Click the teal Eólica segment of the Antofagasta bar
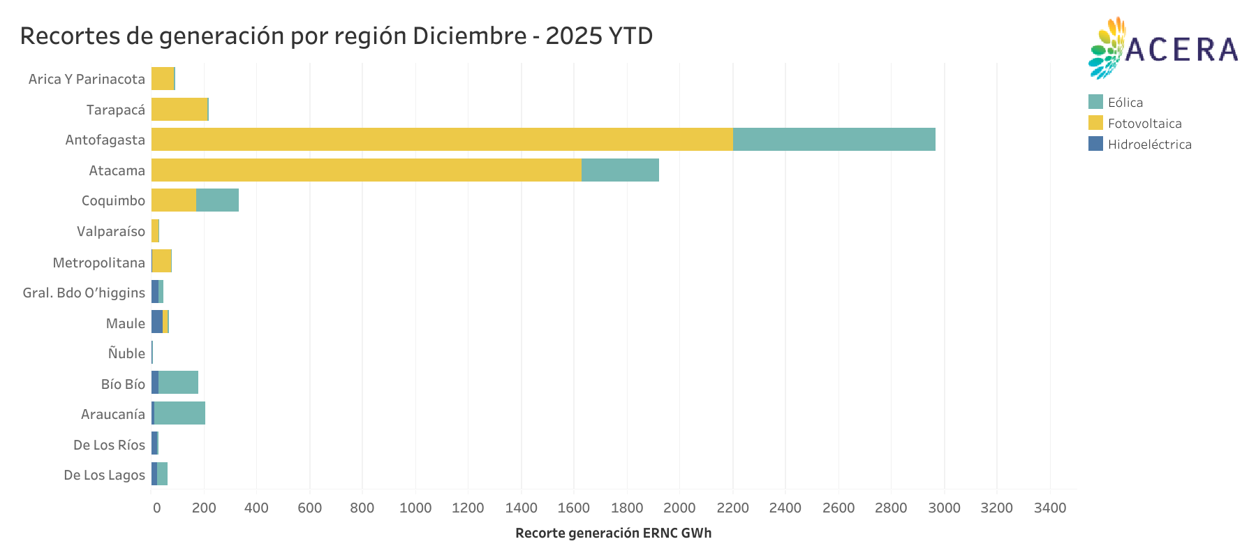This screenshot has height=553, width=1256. coord(834,140)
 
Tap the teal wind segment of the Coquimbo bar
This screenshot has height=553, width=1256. coord(217,200)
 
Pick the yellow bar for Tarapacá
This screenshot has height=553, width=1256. coord(179,110)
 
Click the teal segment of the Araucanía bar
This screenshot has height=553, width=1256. coord(179,414)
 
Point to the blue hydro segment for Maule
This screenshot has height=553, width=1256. coord(157,323)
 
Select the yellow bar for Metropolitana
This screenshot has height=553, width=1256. coord(162,262)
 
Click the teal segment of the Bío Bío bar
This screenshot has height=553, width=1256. coord(178,383)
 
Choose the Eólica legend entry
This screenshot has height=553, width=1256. coord(1125,103)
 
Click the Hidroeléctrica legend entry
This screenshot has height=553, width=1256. coord(1148,145)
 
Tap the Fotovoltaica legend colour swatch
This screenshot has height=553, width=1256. coord(1095,124)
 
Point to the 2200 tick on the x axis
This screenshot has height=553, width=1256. coord(732,508)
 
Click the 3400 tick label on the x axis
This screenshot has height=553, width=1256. coord(1049,508)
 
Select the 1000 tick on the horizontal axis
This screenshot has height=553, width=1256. coord(415,508)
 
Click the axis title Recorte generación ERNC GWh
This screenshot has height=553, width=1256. coord(613,533)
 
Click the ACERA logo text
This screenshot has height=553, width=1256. coord(1181,50)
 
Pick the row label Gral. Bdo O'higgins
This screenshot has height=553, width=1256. coord(84,293)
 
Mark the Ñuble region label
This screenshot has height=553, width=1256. coord(126,353)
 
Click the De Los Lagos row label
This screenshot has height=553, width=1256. coord(104,475)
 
